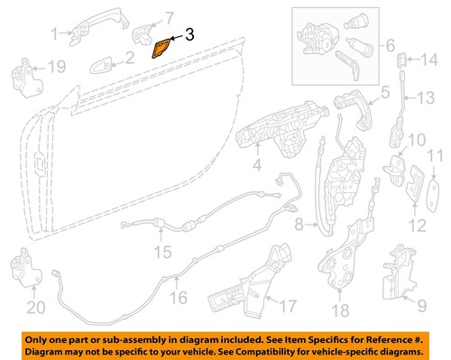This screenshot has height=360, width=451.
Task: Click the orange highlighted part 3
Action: pos(161,46)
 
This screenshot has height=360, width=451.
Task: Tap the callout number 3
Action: pos(189,36)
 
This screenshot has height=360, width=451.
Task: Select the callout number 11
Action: pos(434,155)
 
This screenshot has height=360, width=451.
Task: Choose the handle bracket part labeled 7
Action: pos(145,34)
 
